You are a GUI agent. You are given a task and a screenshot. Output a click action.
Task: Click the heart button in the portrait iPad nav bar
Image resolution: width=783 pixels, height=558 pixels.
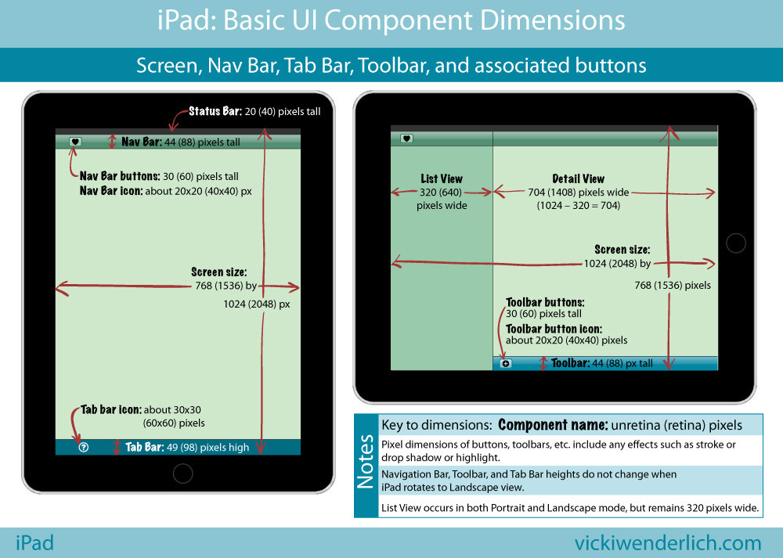click(x=75, y=142)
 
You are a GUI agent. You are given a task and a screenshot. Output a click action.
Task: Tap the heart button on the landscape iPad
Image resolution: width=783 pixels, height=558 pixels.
click(x=406, y=139)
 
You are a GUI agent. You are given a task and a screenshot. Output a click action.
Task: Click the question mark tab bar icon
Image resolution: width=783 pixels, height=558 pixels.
click(x=84, y=447)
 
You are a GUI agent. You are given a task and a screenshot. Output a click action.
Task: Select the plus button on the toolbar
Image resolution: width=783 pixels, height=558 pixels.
click(x=505, y=363)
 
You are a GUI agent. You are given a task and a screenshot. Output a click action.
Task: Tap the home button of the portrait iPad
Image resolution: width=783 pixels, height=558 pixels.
click(x=182, y=473)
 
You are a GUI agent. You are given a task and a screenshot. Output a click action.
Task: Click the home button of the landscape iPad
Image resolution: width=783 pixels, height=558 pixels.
click(x=735, y=243)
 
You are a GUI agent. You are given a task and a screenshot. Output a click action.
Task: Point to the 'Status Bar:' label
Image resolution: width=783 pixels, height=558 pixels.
click(x=215, y=111)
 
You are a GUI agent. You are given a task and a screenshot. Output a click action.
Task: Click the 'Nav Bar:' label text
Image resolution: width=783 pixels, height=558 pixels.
click(x=141, y=142)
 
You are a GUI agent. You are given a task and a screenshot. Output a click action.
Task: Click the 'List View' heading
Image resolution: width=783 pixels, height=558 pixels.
click(x=442, y=178)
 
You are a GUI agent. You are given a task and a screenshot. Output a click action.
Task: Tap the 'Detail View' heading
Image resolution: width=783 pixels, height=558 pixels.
click(x=578, y=178)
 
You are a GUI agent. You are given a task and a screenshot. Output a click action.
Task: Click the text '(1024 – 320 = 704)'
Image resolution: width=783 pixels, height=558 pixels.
click(x=578, y=205)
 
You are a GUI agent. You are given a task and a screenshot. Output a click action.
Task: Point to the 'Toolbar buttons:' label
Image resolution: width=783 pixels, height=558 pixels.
click(x=545, y=302)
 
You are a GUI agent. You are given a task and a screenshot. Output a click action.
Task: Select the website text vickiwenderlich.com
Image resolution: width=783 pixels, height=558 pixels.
click(x=668, y=542)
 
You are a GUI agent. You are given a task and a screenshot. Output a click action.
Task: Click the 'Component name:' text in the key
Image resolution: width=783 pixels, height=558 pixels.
click(x=553, y=425)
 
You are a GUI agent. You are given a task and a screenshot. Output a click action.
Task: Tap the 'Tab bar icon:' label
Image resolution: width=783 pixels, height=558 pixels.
click(x=111, y=409)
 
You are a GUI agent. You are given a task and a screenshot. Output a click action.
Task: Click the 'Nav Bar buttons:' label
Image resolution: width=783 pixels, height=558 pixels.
click(x=120, y=176)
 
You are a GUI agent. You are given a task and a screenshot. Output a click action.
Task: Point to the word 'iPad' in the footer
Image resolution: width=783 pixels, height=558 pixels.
click(x=34, y=542)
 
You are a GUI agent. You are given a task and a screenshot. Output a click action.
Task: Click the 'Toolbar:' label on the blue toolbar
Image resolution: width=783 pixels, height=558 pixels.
click(x=570, y=363)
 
